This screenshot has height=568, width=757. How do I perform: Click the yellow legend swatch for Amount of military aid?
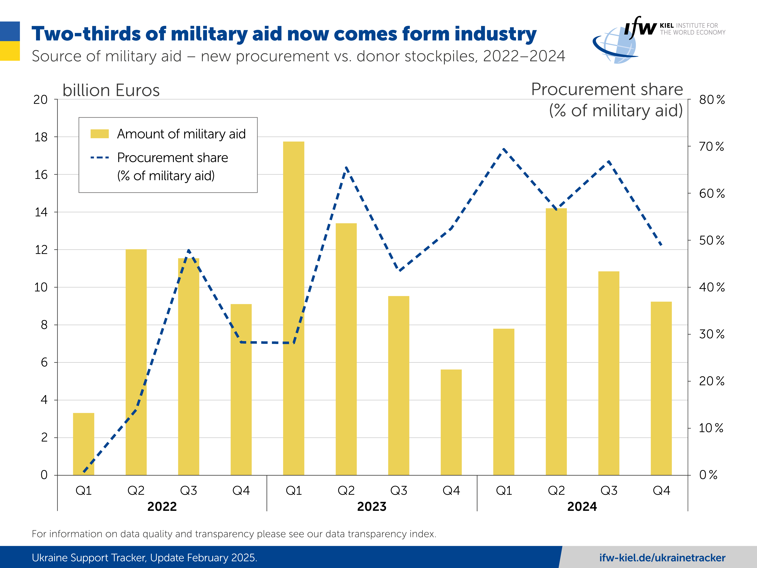click(100, 134)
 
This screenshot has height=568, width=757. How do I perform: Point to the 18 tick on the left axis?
click(41, 137)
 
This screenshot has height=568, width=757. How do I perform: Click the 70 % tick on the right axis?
click(711, 146)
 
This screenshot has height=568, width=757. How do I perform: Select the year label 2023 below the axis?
click(372, 506)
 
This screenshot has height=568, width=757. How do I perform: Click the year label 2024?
click(582, 506)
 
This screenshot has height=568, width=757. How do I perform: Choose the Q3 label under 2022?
click(188, 491)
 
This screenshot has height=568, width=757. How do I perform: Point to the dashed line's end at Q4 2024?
click(661, 245)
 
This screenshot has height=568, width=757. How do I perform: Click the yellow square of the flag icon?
click(10, 51)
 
